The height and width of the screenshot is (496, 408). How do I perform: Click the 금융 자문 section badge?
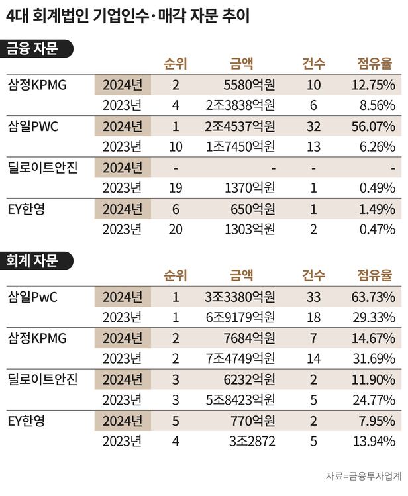tap(38, 48)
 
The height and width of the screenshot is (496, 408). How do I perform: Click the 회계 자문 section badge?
tap(38, 260)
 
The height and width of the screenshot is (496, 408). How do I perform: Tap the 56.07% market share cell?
tap(374, 126)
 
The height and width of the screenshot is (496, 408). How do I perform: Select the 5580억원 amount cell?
tap(249, 85)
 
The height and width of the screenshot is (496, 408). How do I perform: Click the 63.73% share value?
tap(374, 297)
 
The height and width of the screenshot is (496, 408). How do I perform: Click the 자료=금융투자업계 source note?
tap(364, 475)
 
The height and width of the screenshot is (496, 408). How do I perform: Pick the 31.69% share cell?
tap(374, 359)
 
